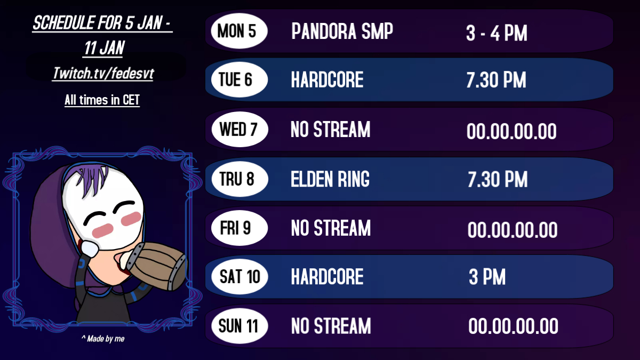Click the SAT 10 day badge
click(239, 277)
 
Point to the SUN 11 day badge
click(239, 325)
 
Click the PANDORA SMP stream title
click(342, 32)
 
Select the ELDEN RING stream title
click(330, 180)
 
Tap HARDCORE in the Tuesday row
click(327, 81)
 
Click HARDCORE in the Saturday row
click(327, 277)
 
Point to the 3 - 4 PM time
click(497, 34)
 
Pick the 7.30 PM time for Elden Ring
click(498, 180)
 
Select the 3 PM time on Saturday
click(487, 277)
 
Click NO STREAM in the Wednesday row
click(330, 130)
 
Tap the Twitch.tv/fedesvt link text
click(102, 74)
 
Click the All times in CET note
click(102, 100)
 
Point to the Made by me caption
click(102, 339)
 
